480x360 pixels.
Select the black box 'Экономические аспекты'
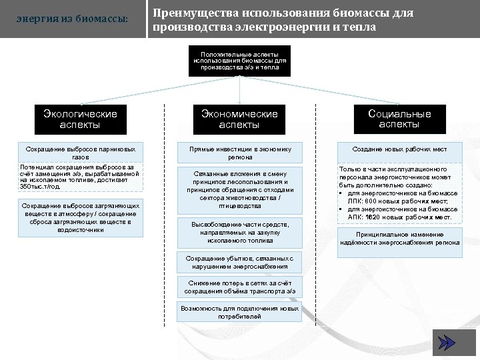[x=239, y=119]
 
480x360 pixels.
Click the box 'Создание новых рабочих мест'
[x=399, y=149]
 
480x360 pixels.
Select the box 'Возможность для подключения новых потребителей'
[x=239, y=313]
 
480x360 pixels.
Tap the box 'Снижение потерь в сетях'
[x=239, y=287]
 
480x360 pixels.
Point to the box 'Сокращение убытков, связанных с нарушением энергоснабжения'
[x=239, y=262]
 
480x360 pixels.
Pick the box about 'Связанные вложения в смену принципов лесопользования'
[x=239, y=190]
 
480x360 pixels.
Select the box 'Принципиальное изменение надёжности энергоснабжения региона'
[x=399, y=239]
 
